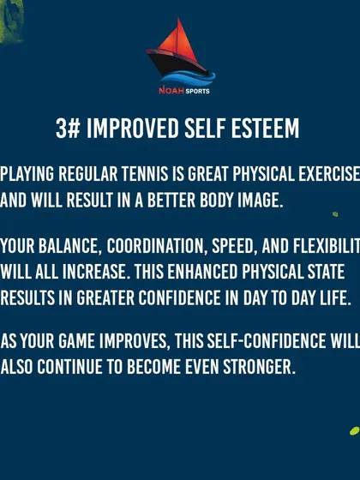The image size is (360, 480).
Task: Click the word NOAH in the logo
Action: tap(171, 91)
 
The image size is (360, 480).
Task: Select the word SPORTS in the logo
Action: tap(197, 91)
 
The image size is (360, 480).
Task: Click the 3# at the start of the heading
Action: tap(68, 129)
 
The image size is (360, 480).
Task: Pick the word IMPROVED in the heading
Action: tap(132, 129)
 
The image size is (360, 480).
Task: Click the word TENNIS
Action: tap(145, 174)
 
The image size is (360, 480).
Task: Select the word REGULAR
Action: tap(87, 174)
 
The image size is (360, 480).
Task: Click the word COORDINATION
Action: tap(155, 247)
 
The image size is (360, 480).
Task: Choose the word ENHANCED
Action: tap(202, 272)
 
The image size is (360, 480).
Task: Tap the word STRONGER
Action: tap(259, 367)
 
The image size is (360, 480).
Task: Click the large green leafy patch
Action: tap(10, 21)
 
